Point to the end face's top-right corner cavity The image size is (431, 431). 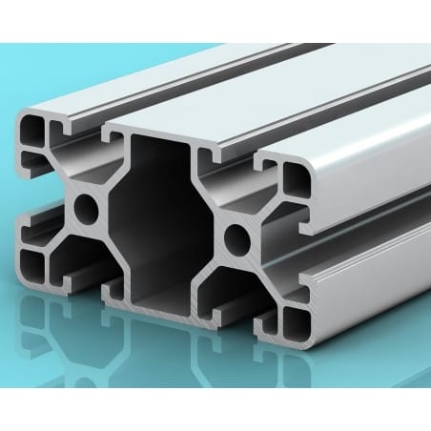coord(291,177)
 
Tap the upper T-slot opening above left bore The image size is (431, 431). coord(86,148)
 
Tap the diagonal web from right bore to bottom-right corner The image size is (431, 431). coord(262,272)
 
